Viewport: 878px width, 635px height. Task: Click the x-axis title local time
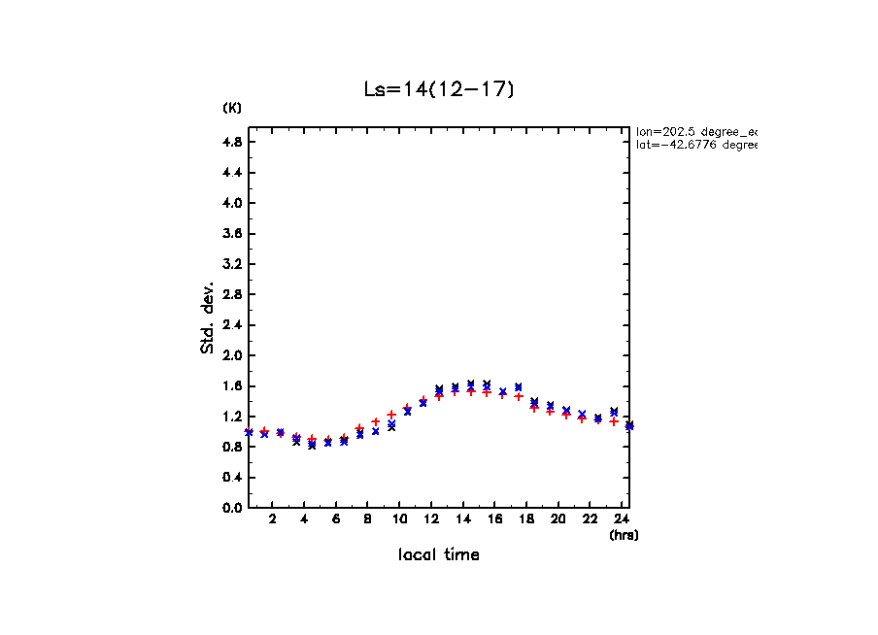438,554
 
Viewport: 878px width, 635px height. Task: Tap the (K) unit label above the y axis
232,108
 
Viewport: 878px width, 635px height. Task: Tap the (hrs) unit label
624,535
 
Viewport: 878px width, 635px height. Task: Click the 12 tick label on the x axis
399,519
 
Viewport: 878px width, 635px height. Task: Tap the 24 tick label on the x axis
622,519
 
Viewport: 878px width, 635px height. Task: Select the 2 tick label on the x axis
273,519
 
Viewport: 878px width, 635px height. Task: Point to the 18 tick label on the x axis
526,519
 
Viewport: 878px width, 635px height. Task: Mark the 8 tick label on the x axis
368,519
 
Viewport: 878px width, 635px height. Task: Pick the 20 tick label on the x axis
558,519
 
